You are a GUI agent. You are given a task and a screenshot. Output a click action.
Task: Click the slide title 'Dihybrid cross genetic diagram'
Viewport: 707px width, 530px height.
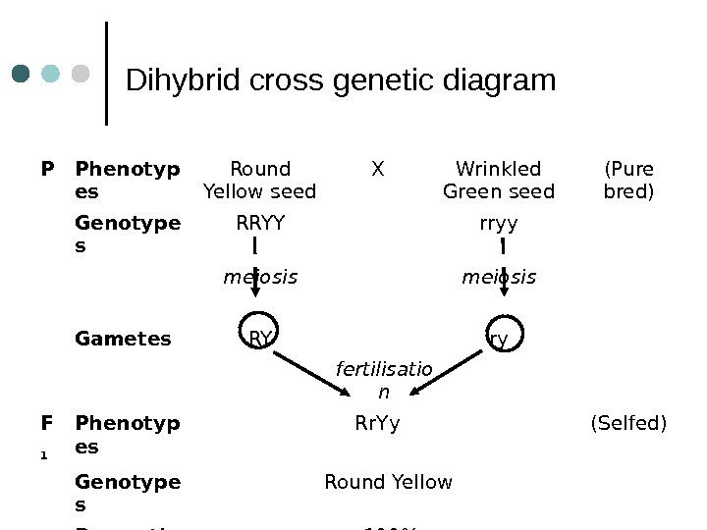click(342, 79)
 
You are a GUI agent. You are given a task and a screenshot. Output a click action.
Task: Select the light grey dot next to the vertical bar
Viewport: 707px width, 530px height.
click(82, 75)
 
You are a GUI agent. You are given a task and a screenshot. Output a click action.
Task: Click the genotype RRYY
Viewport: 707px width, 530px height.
click(260, 224)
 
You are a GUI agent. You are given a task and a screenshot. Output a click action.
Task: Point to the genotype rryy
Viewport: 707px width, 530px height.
click(499, 224)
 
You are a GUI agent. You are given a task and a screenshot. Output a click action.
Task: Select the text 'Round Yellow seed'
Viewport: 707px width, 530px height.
click(259, 180)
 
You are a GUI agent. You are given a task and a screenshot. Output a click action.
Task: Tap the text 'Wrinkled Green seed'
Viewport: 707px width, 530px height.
click(499, 180)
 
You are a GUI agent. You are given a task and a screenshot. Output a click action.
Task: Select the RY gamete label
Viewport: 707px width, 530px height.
click(260, 340)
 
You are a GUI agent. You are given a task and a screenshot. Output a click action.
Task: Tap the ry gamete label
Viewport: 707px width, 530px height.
click(499, 340)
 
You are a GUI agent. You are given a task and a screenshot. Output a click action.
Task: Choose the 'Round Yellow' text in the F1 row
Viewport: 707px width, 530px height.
click(388, 482)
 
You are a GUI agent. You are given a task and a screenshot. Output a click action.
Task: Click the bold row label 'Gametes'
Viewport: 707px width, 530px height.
click(123, 340)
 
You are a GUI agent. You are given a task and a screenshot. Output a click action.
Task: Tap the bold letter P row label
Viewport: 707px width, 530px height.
click(46, 168)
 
